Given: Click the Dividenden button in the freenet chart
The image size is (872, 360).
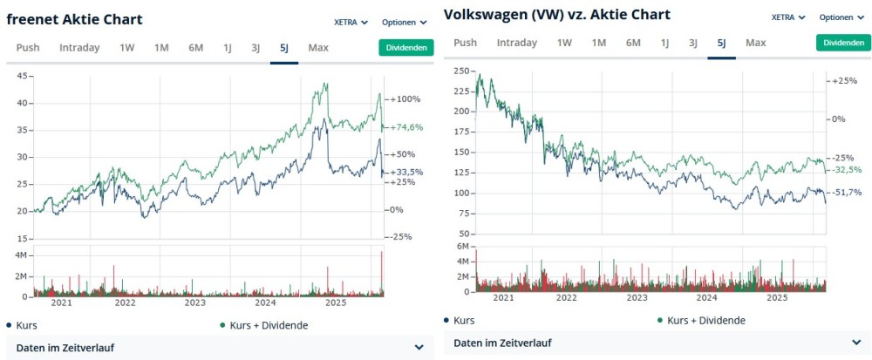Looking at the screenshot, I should click(x=405, y=48).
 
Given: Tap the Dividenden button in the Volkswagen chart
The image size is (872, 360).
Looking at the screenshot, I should click(x=843, y=43).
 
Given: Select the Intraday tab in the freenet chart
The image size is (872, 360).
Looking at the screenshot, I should click(x=79, y=48).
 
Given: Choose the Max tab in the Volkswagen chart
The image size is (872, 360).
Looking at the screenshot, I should click(x=756, y=43).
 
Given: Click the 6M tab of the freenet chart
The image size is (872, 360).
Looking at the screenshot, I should click(x=195, y=48).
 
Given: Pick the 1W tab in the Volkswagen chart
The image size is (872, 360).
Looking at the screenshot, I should click(x=564, y=43).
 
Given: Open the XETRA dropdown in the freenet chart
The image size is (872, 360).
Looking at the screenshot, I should click(x=351, y=22).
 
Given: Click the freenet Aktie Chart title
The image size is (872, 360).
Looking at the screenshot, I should click(x=75, y=19).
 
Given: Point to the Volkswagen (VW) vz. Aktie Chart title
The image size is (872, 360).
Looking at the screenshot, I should click(x=557, y=15).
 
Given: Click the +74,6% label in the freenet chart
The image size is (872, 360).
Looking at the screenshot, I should click(x=405, y=127).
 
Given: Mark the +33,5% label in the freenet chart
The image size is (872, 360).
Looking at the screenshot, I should click(x=405, y=172).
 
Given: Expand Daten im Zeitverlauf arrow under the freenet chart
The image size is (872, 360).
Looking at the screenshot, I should click(x=419, y=348).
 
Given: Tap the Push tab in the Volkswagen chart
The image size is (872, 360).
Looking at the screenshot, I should click(x=466, y=43).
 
